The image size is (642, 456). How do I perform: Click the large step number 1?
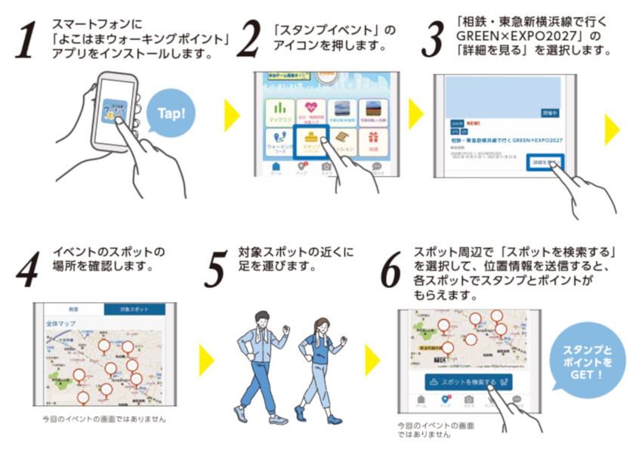point(26,41)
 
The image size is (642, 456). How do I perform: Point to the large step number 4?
point(26,270)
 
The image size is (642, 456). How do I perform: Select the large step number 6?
point(390,270)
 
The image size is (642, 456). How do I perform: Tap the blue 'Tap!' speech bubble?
point(175,115)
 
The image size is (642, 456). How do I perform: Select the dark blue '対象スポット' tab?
point(134,310)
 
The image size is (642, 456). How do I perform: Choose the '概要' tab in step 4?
point(74,310)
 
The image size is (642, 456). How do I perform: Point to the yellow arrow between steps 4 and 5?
point(205,361)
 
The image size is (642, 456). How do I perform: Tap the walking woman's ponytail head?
point(318,327)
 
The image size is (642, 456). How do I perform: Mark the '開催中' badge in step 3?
point(550,112)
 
